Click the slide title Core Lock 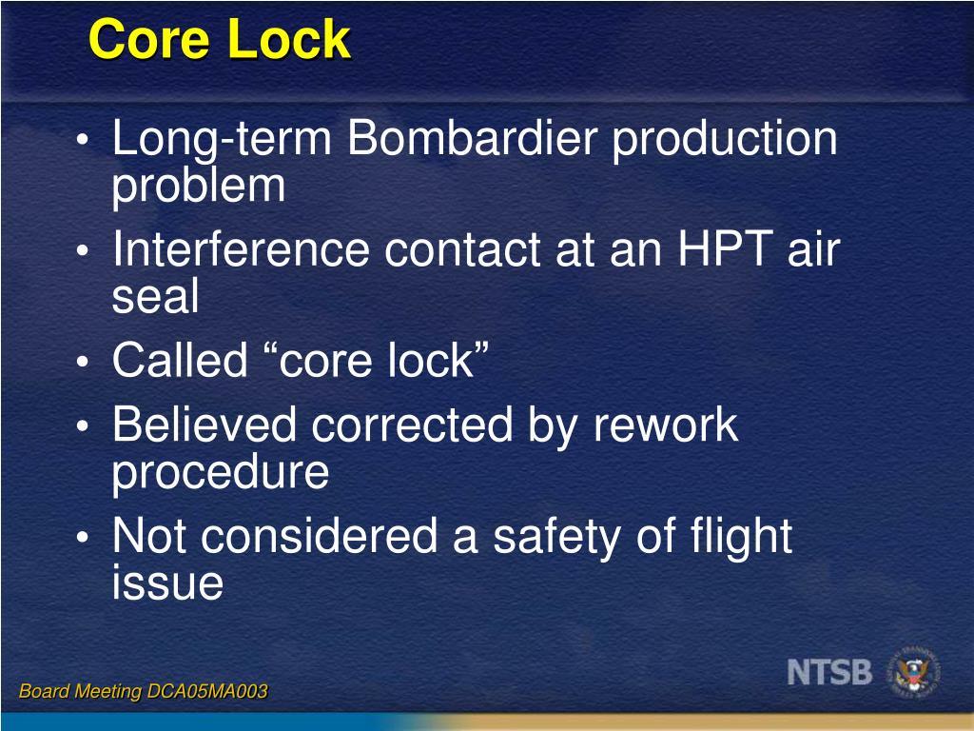pyautogui.click(x=220, y=41)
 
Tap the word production pyautogui.click(x=724, y=142)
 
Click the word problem pyautogui.click(x=198, y=188)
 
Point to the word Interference pyautogui.click(x=241, y=251)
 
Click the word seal pyautogui.click(x=155, y=298)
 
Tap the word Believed pyautogui.click(x=205, y=425)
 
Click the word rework pyautogui.click(x=666, y=425)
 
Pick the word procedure pyautogui.click(x=220, y=473)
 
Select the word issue pyautogui.click(x=167, y=583)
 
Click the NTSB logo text pyautogui.click(x=829, y=672)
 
